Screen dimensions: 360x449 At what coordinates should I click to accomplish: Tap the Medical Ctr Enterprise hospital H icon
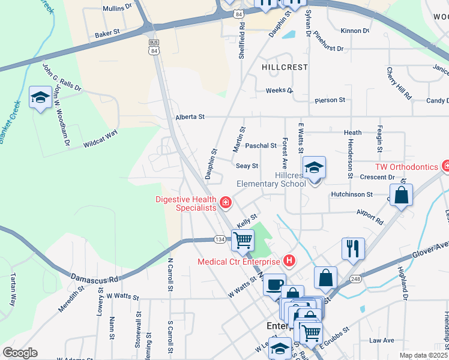[289, 261]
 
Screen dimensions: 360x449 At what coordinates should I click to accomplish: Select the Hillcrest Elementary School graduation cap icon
[314, 169]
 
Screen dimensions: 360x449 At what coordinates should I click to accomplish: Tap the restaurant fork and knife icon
[353, 248]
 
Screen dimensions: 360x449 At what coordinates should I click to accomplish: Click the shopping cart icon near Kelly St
[243, 240]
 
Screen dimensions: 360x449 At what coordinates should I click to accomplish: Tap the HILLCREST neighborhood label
[285, 68]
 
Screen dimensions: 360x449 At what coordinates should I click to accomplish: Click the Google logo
[20, 353]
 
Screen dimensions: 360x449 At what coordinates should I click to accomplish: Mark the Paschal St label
[261, 145]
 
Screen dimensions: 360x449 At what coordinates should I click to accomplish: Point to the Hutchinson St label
[352, 194]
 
